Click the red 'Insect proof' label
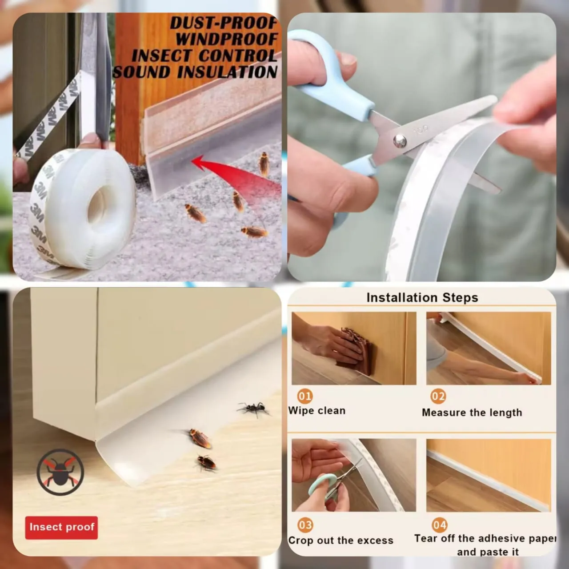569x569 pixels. [x=61, y=528]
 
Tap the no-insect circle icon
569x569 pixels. [x=60, y=473]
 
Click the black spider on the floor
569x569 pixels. [x=253, y=409]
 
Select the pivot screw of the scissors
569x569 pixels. [x=400, y=140]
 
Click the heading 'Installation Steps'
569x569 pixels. [x=422, y=297]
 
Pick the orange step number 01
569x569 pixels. [x=305, y=396]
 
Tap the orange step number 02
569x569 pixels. [x=438, y=396]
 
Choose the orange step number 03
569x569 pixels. [x=305, y=525]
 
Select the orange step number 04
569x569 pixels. [x=439, y=525]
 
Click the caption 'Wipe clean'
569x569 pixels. [x=317, y=411]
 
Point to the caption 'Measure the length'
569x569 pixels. [x=472, y=413]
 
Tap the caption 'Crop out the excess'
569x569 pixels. [x=341, y=541]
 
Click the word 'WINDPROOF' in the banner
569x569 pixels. [x=226, y=39]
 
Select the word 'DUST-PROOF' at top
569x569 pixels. [x=224, y=23]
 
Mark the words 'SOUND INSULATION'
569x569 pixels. [x=195, y=72]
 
